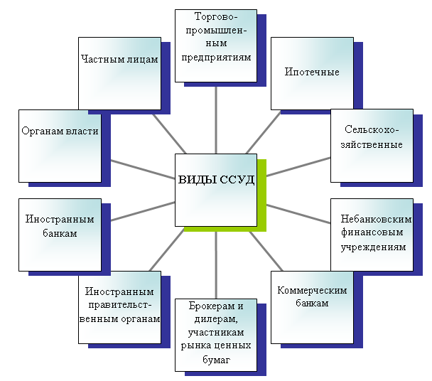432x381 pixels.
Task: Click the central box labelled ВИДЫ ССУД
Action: tap(215, 190)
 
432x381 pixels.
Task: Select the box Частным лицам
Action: tap(119, 74)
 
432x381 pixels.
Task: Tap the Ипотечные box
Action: tap(312, 73)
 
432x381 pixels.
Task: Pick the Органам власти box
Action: tap(60, 146)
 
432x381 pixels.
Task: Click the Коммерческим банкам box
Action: tap(312, 306)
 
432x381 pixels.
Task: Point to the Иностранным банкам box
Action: tap(60, 235)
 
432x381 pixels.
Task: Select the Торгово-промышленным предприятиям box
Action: tap(215, 45)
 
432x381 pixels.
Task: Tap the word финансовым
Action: tap(372, 232)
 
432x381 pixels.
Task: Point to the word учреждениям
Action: tap(372, 247)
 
